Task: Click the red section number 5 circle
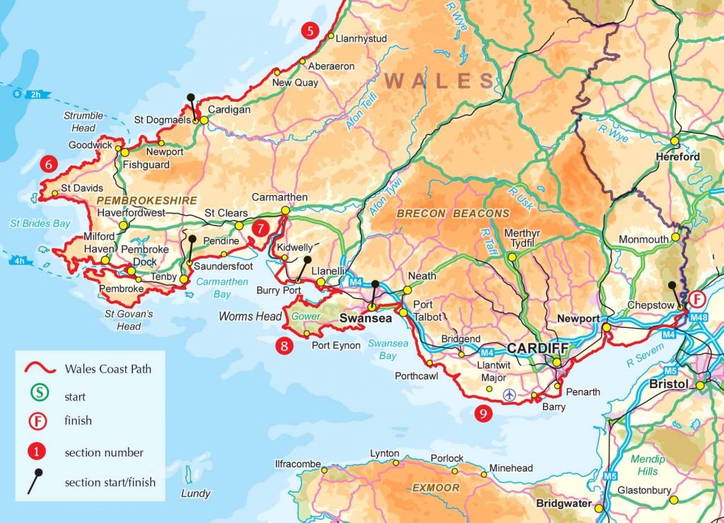[309, 30]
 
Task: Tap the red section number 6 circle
[48, 163]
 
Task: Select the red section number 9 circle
[483, 413]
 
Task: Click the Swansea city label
[366, 319]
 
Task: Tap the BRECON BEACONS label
[452, 213]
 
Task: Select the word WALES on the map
[440, 81]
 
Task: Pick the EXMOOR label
[436, 488]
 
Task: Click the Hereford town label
[677, 156]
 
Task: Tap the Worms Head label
[250, 317]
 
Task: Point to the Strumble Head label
[83, 122]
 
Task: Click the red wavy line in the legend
[41, 368]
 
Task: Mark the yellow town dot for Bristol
[700, 385]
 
